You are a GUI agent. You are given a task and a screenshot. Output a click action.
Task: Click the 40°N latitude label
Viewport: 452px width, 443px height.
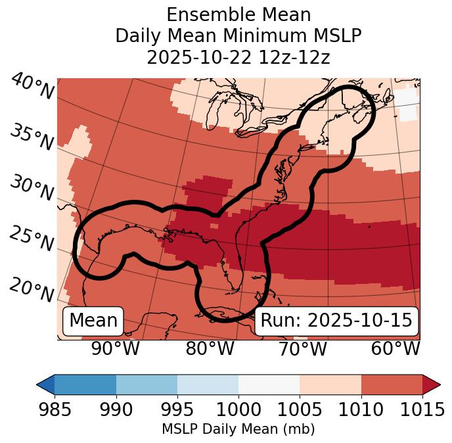[x=32, y=87]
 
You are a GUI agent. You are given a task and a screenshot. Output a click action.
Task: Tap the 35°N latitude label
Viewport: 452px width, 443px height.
[x=32, y=138]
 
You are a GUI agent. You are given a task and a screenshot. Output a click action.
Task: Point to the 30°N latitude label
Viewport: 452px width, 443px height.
[x=32, y=189]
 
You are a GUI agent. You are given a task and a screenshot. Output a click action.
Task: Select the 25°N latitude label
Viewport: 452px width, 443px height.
[x=32, y=239]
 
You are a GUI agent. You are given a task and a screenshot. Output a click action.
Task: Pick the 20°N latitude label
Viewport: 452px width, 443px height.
[x=32, y=290]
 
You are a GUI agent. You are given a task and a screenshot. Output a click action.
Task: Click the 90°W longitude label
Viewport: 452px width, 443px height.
[x=116, y=348]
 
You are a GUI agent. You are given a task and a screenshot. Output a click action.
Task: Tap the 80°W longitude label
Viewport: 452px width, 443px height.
[x=210, y=348]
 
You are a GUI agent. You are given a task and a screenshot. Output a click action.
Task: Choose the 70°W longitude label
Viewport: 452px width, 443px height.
[x=303, y=348]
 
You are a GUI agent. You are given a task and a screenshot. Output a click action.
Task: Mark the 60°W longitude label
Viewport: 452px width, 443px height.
[x=395, y=348]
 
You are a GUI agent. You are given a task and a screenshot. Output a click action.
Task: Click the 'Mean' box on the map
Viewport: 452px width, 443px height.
[x=93, y=321]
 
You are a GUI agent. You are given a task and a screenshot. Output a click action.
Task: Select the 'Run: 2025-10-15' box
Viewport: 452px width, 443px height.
[x=336, y=321]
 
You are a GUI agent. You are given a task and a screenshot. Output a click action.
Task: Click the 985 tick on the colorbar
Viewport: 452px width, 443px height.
[x=55, y=409]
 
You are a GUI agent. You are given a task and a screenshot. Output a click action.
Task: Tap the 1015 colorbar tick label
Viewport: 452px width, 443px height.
[x=422, y=409]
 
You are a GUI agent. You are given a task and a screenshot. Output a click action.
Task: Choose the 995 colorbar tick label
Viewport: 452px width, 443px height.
[x=177, y=409]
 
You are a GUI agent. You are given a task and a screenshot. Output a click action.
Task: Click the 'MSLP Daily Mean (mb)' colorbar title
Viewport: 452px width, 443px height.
[x=238, y=429]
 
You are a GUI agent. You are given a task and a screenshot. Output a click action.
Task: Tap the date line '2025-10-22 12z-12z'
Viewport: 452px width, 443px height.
[x=238, y=57]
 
